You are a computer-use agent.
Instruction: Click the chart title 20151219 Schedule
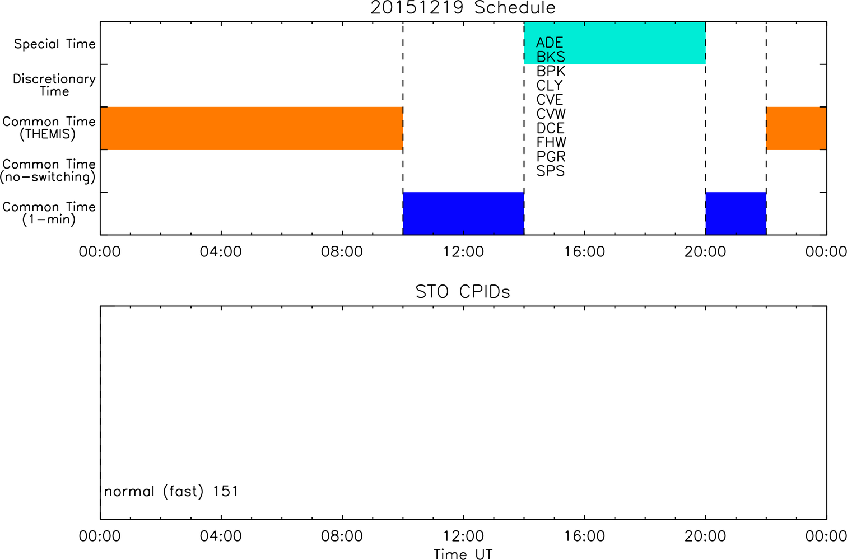click(x=463, y=8)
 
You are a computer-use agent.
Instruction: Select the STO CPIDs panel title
click(x=463, y=292)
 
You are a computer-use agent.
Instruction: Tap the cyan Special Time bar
click(x=615, y=43)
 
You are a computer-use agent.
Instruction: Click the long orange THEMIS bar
click(x=252, y=128)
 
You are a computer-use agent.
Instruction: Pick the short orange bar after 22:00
click(x=797, y=128)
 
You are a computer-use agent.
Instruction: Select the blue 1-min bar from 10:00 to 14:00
click(x=463, y=213)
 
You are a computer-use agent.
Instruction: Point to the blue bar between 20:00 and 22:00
click(x=736, y=213)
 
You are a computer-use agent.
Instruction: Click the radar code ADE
click(x=550, y=43)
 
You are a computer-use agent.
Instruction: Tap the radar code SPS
click(x=551, y=171)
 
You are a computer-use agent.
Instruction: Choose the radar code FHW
click(x=551, y=142)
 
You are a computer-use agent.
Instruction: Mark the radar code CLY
click(x=550, y=85)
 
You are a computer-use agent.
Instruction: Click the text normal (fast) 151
click(x=171, y=491)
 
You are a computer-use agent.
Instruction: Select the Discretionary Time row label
click(x=54, y=85)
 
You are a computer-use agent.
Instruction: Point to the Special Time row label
click(x=55, y=44)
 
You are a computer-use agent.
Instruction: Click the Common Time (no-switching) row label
click(x=48, y=171)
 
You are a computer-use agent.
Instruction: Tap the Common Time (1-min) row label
click(x=49, y=213)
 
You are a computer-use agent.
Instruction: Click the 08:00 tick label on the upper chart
click(x=342, y=252)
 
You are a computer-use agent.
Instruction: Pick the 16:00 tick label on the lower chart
click(x=585, y=536)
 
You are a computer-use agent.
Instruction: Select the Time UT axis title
click(x=463, y=554)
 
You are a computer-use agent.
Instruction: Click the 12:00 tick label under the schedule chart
click(x=463, y=252)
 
